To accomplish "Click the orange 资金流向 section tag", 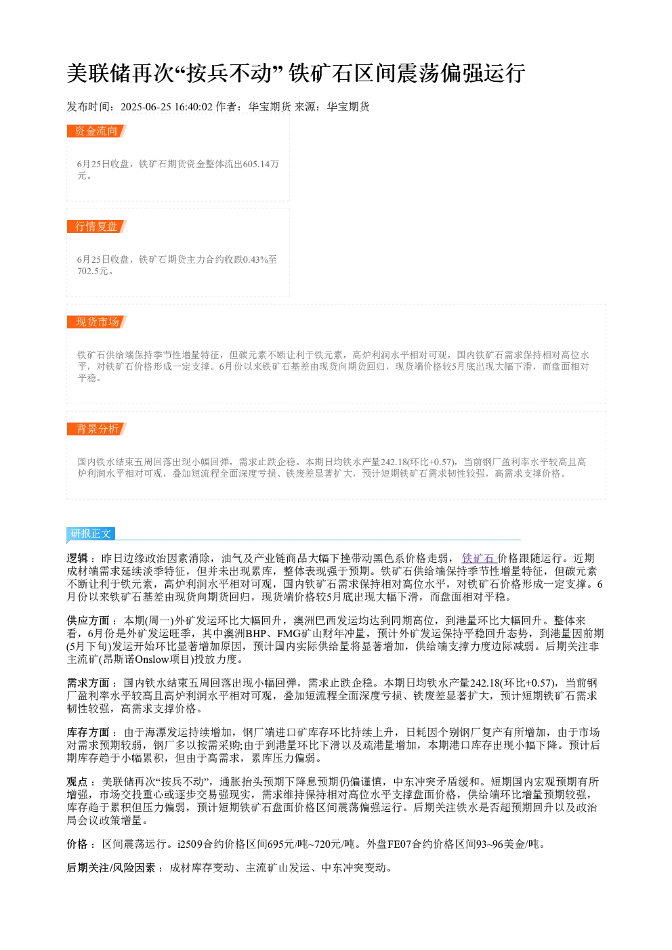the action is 97,131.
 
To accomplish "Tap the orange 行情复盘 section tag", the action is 97,226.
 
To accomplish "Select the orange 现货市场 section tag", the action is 97,322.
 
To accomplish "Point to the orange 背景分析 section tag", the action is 97,429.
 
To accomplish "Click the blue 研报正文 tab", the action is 91,534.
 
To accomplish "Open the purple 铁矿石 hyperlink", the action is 479,558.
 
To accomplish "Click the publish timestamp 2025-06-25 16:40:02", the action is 166,107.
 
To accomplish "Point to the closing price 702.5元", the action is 93,271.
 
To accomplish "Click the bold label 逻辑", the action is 77,558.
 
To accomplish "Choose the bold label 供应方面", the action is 88,620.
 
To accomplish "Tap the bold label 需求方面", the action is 88,683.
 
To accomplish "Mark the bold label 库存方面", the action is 88,733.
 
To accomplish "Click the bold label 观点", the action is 77,781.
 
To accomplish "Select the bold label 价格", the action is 77,844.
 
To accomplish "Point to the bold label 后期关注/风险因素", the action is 111,867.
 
